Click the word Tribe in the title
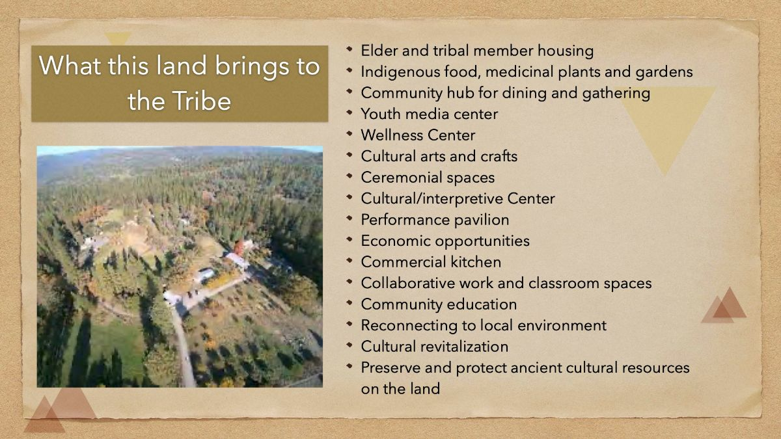point(202,101)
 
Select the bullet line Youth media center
point(429,114)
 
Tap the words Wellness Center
point(418,135)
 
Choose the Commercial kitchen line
point(431,262)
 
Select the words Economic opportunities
point(445,241)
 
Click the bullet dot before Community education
point(349,303)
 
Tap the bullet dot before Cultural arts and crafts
point(349,155)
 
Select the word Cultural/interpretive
point(432,199)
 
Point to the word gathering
point(616,94)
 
